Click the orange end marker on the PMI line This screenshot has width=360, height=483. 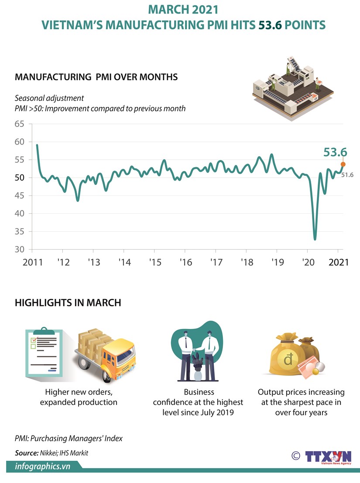click(343, 164)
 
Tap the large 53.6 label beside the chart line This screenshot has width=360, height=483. click(335, 152)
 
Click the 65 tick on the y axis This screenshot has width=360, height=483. click(19, 124)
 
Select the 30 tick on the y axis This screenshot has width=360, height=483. click(19, 250)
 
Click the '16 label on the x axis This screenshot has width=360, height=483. click(185, 263)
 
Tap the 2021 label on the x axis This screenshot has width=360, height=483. click(339, 263)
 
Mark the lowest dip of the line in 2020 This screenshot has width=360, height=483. click(315, 239)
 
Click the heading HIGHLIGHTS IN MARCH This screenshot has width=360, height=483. click(68, 302)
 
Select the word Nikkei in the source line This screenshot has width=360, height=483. click(44, 453)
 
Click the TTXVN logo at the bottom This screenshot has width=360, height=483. click(329, 457)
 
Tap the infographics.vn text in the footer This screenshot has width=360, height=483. click(43, 466)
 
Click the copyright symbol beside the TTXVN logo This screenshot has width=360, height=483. click(295, 456)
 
